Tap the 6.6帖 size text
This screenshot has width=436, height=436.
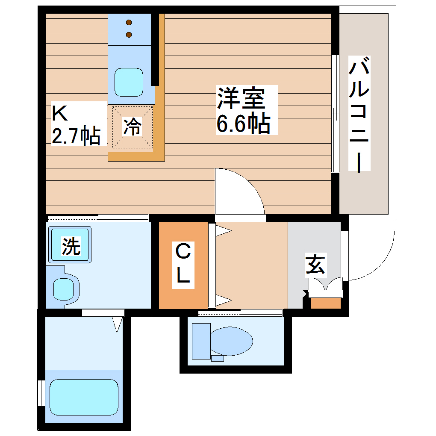pos(243,124)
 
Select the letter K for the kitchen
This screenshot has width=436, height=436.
pos(60,113)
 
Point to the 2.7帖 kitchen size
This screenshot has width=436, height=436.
pos(76,136)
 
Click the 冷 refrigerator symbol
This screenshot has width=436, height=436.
pos(133,127)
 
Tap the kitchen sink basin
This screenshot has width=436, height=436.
pos(128,82)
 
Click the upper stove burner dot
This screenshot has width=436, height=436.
pos(129,22)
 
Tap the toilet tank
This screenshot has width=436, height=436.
pos(201,341)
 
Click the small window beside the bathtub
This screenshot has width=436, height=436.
pos(41,392)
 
